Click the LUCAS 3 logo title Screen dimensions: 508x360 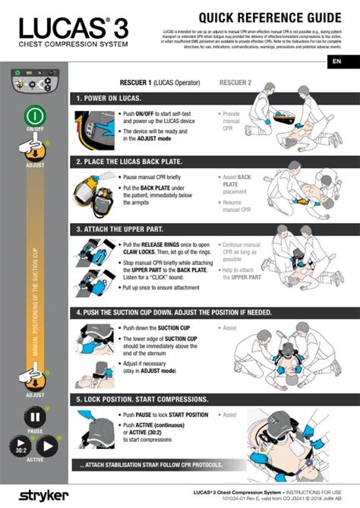[x=73, y=29]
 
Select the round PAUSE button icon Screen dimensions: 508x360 [x=35, y=417]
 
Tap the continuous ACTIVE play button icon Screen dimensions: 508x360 [x=48, y=446]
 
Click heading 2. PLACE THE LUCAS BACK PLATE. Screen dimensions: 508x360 [x=137, y=162]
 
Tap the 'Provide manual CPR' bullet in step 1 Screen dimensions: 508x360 [x=232, y=121]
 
